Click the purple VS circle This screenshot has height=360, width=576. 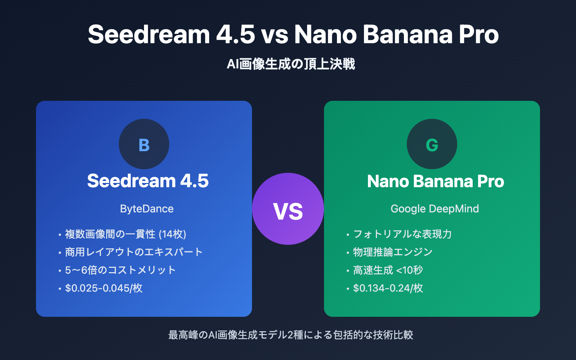tap(288, 209)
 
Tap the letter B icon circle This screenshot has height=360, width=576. tap(144, 144)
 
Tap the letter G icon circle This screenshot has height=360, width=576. tap(432, 144)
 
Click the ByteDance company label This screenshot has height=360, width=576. tap(147, 209)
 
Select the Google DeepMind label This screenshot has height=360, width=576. tap(435, 209)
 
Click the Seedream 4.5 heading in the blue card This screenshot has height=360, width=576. tap(148, 181)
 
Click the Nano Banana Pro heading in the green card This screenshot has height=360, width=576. tap(436, 181)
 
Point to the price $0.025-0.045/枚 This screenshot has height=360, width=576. tap(104, 288)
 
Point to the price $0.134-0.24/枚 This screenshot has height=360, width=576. tap(388, 288)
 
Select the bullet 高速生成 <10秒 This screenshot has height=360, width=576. tap(388, 270)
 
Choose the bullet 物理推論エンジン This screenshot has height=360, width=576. tap(392, 252)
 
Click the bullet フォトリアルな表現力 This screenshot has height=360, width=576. tap(402, 234)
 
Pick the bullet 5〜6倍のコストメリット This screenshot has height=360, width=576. tap(120, 270)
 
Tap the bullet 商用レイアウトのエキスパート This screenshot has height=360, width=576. tap(134, 252)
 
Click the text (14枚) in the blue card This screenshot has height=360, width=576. tap(172, 234)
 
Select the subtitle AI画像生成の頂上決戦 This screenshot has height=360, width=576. tap(291, 64)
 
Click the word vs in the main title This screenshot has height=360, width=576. tap(275, 35)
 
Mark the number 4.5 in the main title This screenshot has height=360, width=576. tap(235, 35)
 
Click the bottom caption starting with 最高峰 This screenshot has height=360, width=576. tap(291, 335)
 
